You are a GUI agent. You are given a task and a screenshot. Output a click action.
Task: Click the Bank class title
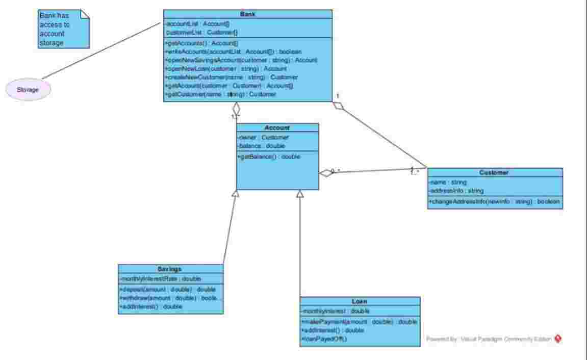click(x=247, y=14)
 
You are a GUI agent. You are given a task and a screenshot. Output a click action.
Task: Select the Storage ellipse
click(x=28, y=90)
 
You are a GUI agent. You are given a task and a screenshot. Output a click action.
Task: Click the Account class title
click(x=277, y=128)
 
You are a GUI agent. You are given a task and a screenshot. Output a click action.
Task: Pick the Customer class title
click(x=495, y=172)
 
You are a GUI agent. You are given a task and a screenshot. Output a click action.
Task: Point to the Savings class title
click(x=170, y=269)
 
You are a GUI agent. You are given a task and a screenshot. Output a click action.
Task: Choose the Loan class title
click(x=360, y=301)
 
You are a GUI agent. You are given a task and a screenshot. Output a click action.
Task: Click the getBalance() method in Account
click(x=269, y=157)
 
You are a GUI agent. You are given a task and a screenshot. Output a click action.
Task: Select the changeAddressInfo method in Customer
click(x=494, y=202)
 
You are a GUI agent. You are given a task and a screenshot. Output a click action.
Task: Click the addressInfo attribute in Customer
click(x=449, y=191)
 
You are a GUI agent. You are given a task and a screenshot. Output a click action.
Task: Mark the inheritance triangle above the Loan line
click(x=300, y=194)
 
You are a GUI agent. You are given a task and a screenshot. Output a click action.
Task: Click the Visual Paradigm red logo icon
click(x=558, y=338)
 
